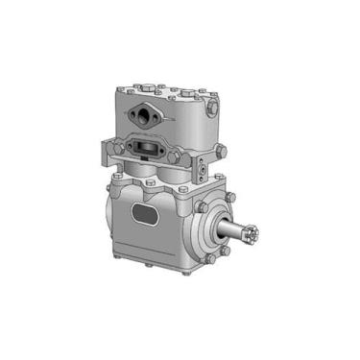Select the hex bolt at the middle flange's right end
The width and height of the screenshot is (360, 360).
click(193, 164)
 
